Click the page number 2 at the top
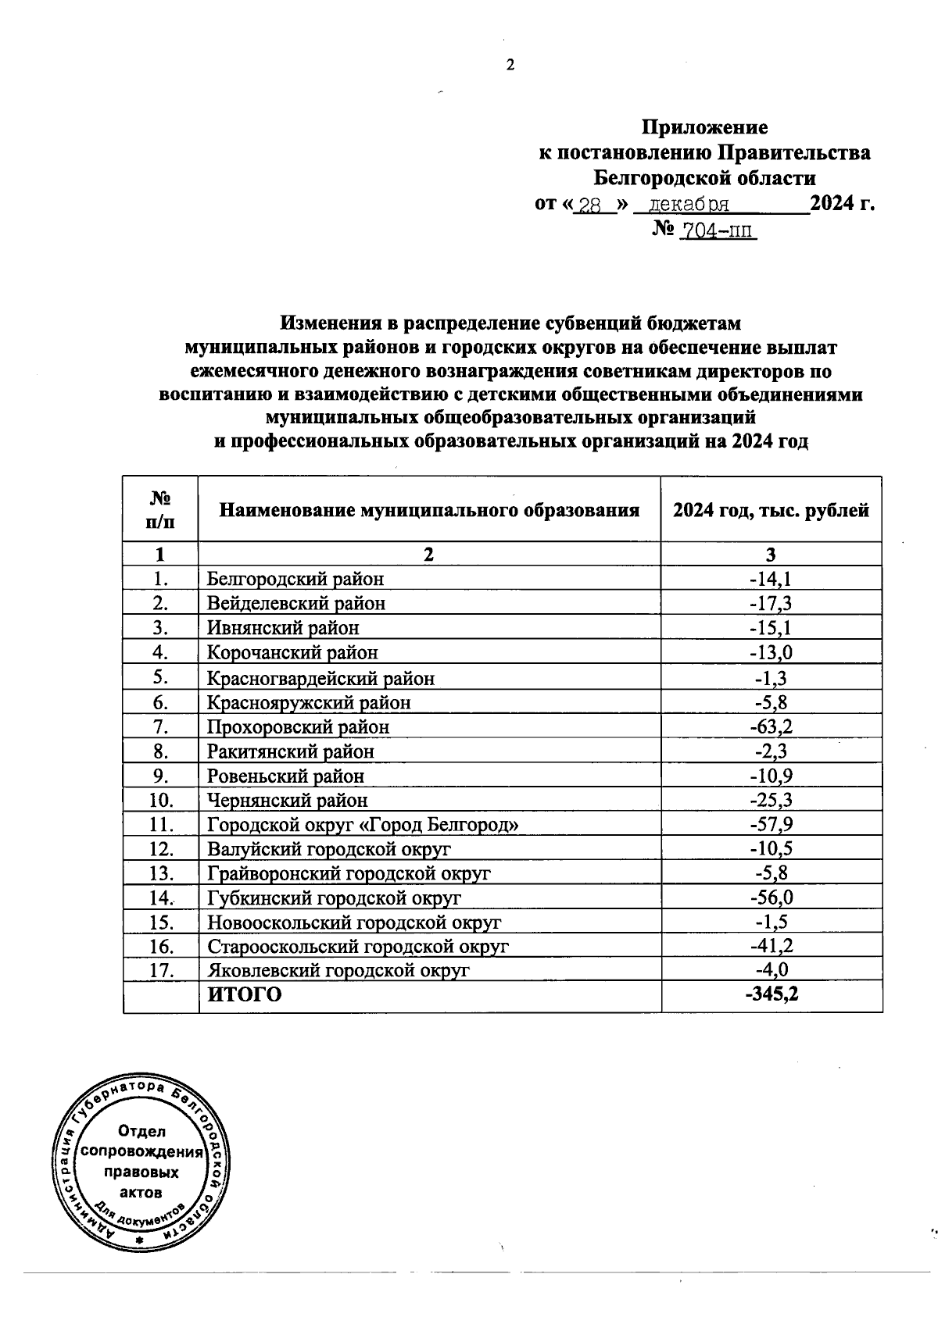[510, 66]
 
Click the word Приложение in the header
[704, 127]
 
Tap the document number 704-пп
[718, 231]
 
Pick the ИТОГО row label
[243, 995]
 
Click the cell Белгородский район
[295, 579]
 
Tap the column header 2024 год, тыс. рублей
[771, 510]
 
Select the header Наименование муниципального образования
[429, 510]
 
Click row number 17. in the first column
[160, 971]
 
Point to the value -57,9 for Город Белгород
[771, 825]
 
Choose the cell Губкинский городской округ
[334, 898]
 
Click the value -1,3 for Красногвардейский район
[771, 678]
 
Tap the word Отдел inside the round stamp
[141, 1131]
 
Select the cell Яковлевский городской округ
[338, 971]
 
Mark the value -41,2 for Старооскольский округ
[771, 947]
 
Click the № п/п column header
[160, 509]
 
